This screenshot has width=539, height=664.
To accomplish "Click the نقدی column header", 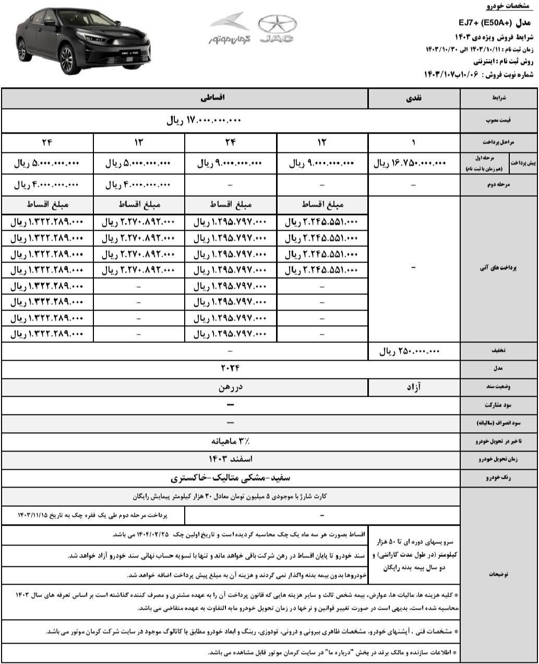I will coord(414,98).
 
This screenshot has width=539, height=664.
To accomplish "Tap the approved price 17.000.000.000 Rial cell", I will coord(204,121).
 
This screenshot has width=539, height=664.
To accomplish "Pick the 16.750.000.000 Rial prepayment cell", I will coord(410,163).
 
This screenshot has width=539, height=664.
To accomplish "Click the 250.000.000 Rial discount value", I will coord(410,352).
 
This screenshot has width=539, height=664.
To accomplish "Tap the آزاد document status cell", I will coord(414,387).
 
